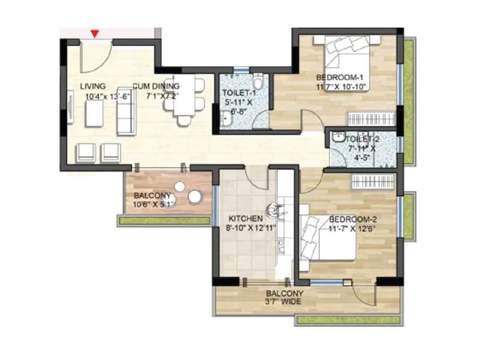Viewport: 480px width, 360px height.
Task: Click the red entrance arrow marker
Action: (x=95, y=34)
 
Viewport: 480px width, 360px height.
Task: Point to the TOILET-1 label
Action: (x=239, y=93)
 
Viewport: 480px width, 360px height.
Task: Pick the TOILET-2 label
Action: (x=364, y=139)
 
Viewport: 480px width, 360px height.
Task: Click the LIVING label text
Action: (x=93, y=86)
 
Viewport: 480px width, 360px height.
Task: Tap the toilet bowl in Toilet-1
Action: (x=257, y=80)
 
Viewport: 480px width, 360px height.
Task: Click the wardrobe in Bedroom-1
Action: (x=373, y=118)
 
